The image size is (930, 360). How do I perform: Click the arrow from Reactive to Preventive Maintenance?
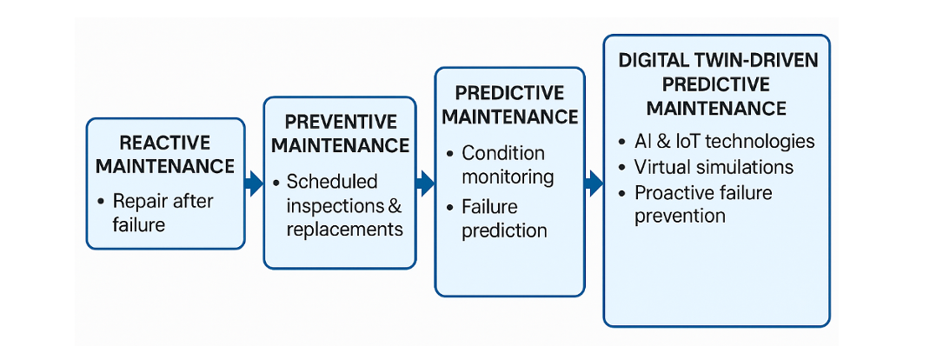pyautogui.click(x=254, y=183)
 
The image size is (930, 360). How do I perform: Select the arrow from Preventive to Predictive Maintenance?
pyautogui.click(x=425, y=183)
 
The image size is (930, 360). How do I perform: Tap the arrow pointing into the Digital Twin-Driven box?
pyautogui.click(x=594, y=183)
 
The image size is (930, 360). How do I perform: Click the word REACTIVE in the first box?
pyautogui.click(x=165, y=143)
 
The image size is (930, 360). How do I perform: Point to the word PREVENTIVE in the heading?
pyautogui.click(x=341, y=122)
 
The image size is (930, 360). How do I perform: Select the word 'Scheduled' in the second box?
pyautogui.click(x=332, y=182)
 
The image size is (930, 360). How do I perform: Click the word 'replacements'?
pyautogui.click(x=344, y=229)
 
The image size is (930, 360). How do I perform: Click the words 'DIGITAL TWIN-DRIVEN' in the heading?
pyautogui.click(x=718, y=61)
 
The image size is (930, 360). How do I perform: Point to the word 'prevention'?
pyautogui.click(x=680, y=216)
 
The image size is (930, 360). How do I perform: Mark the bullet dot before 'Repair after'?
pyautogui.click(x=102, y=202)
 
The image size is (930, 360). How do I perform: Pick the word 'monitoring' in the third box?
pyautogui.click(x=507, y=177)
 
